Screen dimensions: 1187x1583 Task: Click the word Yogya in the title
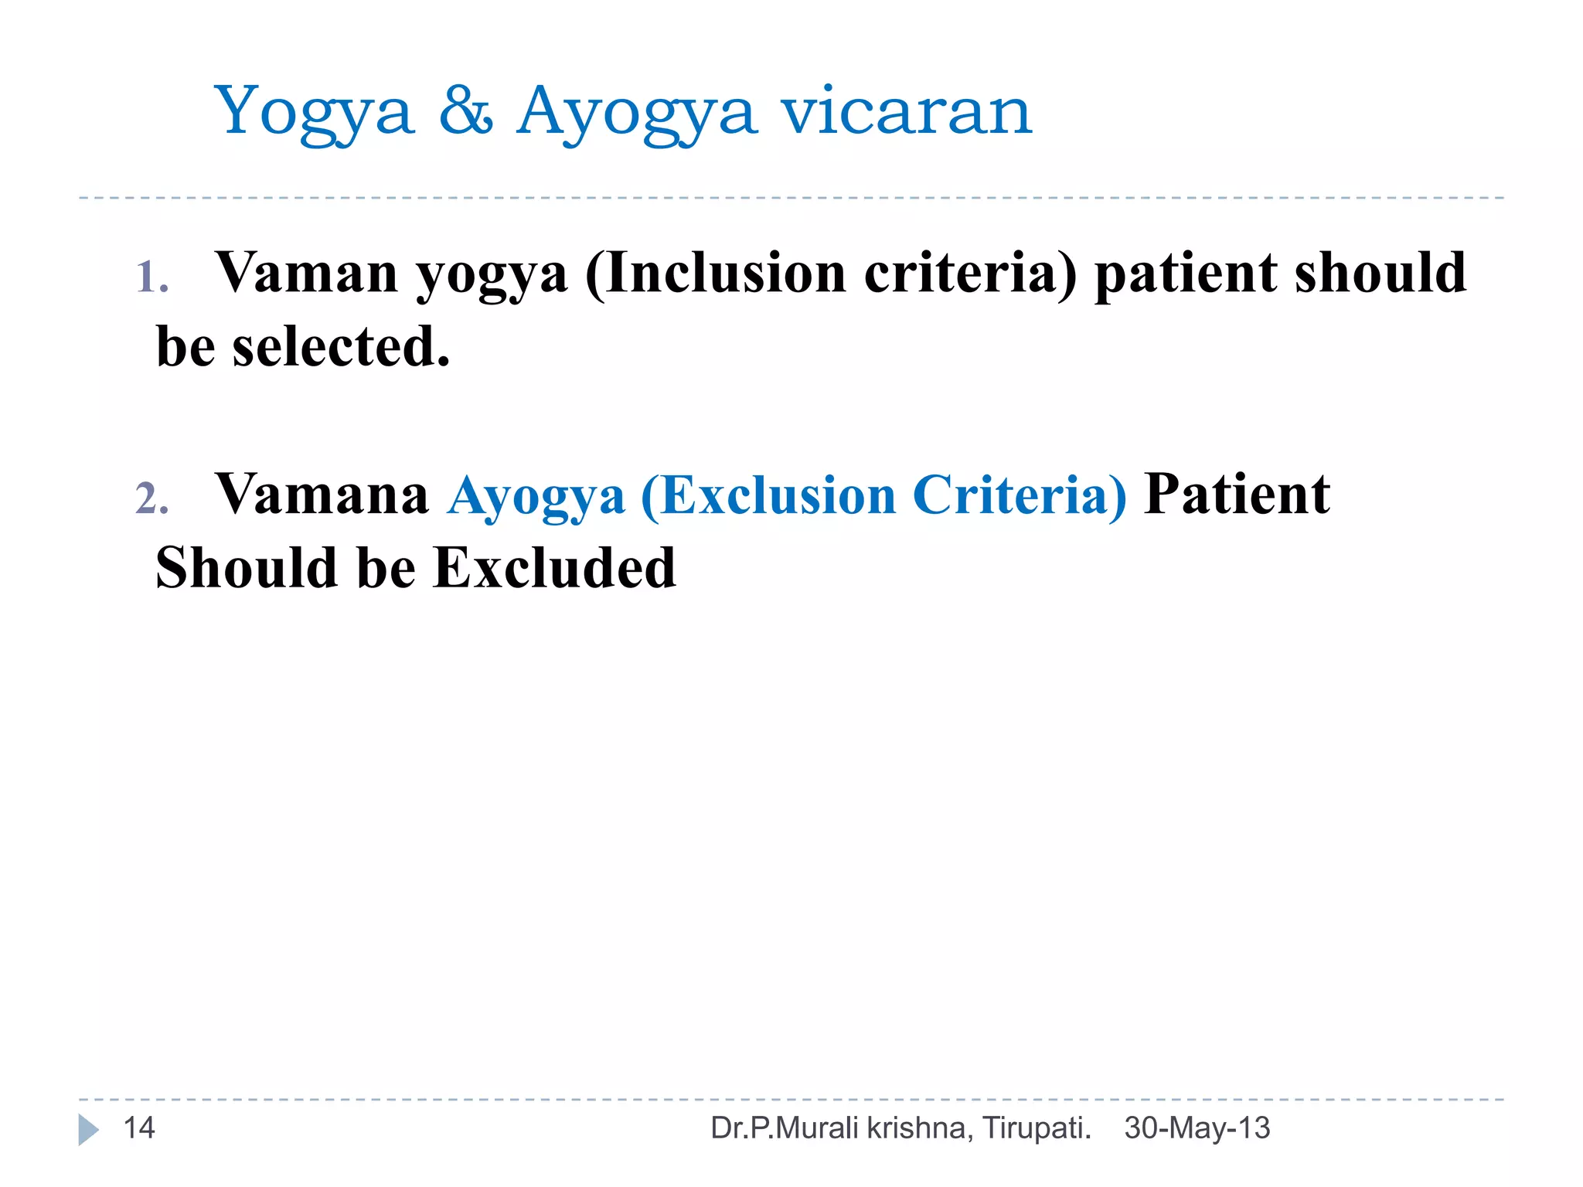[x=313, y=113]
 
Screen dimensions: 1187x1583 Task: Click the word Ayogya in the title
[x=635, y=113]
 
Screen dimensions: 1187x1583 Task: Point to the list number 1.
[x=151, y=277]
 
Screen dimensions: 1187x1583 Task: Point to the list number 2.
[x=151, y=498]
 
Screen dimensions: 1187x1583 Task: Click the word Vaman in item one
[x=306, y=273]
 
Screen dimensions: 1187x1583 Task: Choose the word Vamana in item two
[x=322, y=495]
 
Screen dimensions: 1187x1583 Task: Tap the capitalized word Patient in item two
[x=1237, y=495]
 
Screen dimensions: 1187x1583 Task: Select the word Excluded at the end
[x=554, y=568]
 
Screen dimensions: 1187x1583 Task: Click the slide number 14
[x=139, y=1128]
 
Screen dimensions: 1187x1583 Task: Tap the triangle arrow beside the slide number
[x=88, y=1130]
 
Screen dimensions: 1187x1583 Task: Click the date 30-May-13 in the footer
[x=1197, y=1128]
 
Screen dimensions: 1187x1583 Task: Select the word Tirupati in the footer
[x=1036, y=1128]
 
